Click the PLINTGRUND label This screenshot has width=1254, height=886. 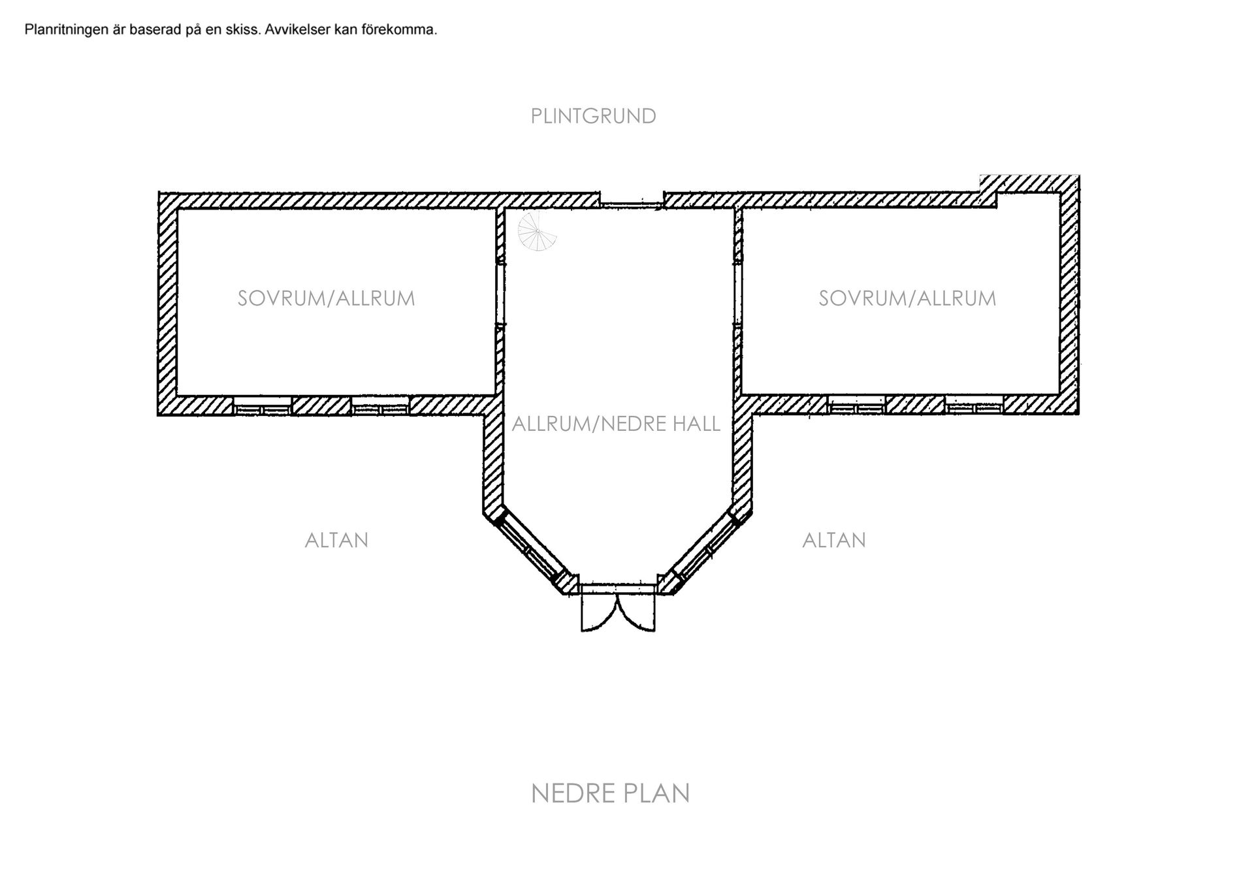pos(593,116)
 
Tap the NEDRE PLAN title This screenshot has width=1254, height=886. pos(611,794)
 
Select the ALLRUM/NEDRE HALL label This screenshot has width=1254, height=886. pos(616,424)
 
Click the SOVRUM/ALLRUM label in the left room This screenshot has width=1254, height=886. pos(327,298)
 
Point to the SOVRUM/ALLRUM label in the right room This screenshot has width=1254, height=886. pos(908,298)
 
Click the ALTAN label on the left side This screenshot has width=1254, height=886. pos(337,541)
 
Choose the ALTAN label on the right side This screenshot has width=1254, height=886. pos(834,541)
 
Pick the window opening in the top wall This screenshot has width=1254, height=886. pos(632,205)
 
